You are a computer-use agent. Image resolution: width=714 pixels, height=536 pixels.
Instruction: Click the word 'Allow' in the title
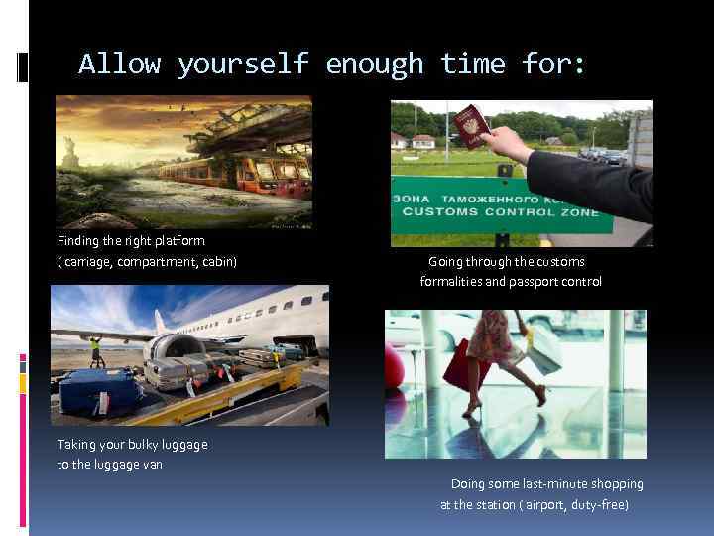point(119,65)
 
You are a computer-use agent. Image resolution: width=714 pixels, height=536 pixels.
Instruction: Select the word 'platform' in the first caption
point(179,241)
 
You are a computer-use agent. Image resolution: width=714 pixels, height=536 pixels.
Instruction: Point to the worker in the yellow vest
point(96,349)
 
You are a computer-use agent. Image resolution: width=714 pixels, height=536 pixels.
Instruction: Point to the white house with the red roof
point(422,141)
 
